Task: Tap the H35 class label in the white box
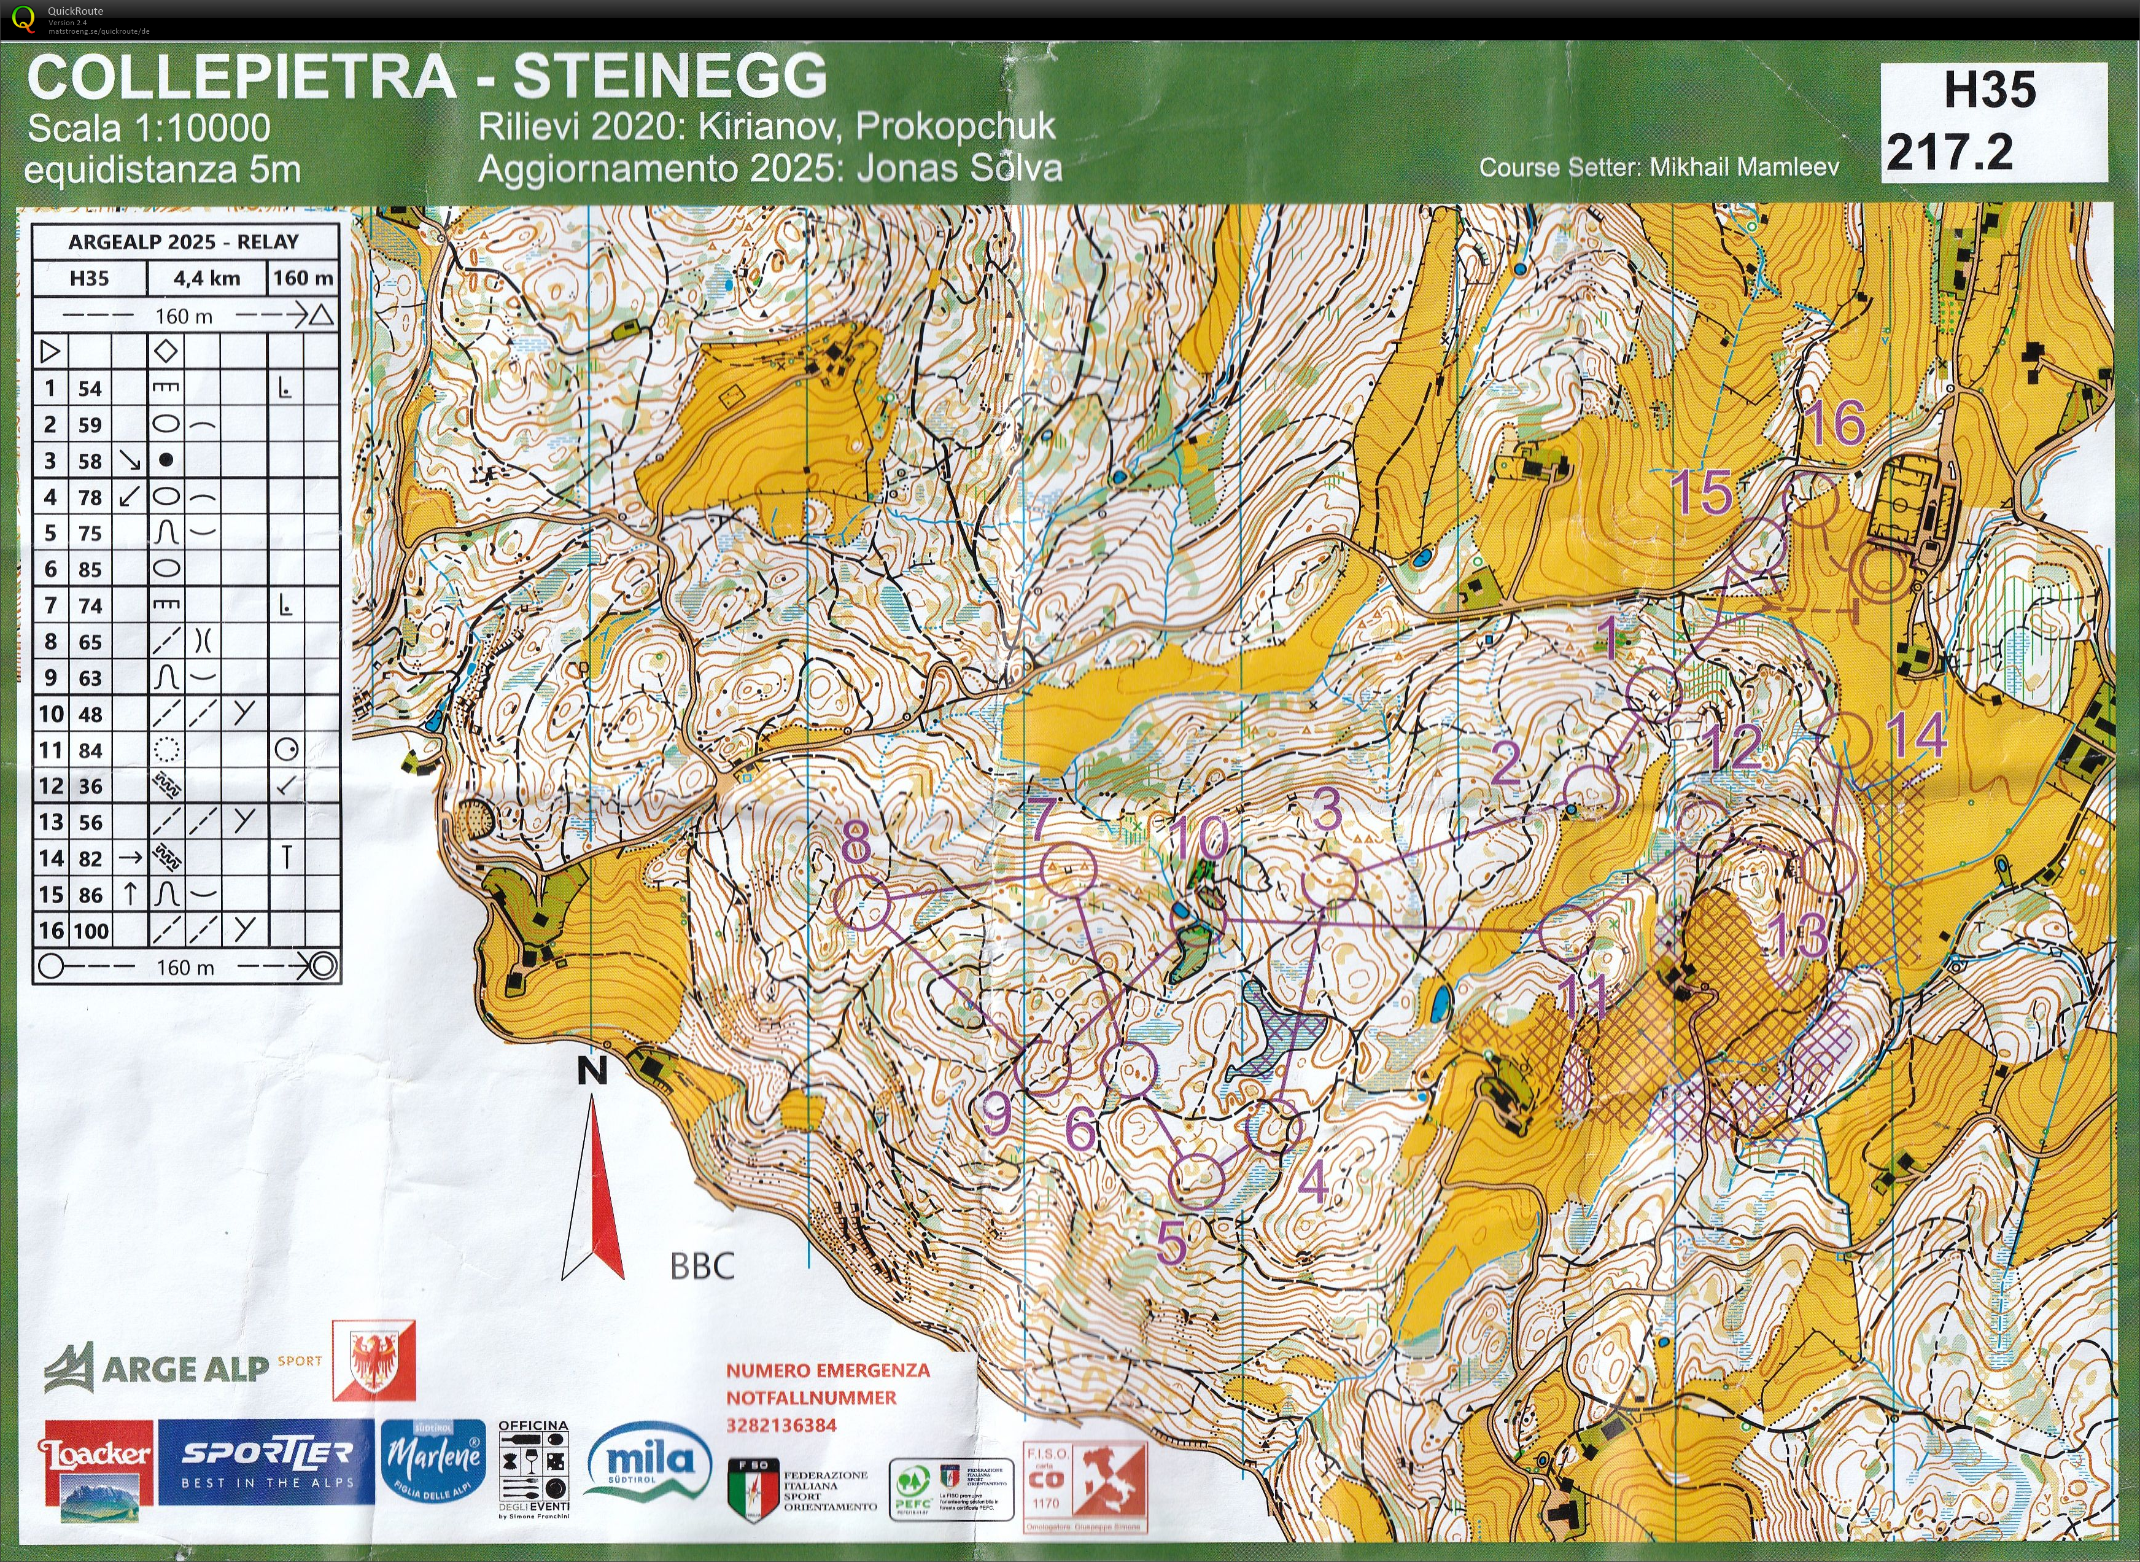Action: click(1989, 91)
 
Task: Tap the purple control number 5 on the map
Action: click(1172, 1245)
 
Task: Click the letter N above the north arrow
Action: click(592, 1071)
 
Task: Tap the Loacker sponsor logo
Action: click(95, 1471)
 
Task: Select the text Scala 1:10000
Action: click(149, 128)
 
